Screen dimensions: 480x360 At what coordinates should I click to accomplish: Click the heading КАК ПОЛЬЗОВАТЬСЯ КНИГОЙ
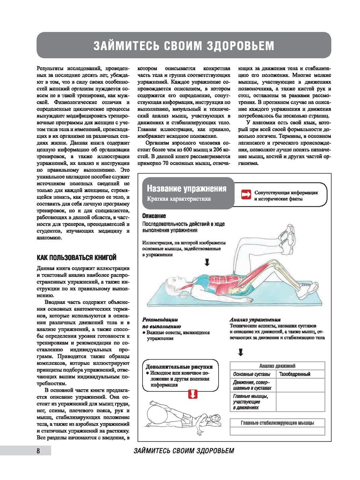click(77, 257)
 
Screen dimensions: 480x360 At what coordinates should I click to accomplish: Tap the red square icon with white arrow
click(246, 194)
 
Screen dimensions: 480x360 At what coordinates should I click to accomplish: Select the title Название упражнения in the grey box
click(186, 189)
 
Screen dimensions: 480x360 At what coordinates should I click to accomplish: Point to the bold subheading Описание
click(154, 216)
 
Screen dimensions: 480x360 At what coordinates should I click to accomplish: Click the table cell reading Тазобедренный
click(295, 374)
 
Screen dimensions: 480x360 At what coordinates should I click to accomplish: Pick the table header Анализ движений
click(277, 366)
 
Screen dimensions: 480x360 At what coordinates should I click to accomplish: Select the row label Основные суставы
click(252, 374)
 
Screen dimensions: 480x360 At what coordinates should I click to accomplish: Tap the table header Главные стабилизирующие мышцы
click(277, 423)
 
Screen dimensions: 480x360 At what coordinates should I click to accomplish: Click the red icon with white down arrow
click(193, 394)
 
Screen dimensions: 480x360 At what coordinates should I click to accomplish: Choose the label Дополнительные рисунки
click(179, 367)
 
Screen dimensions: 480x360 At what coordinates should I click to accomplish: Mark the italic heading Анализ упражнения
click(255, 319)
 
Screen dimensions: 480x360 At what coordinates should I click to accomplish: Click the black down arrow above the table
click(241, 352)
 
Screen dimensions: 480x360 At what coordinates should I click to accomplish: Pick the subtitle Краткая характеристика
click(179, 199)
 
